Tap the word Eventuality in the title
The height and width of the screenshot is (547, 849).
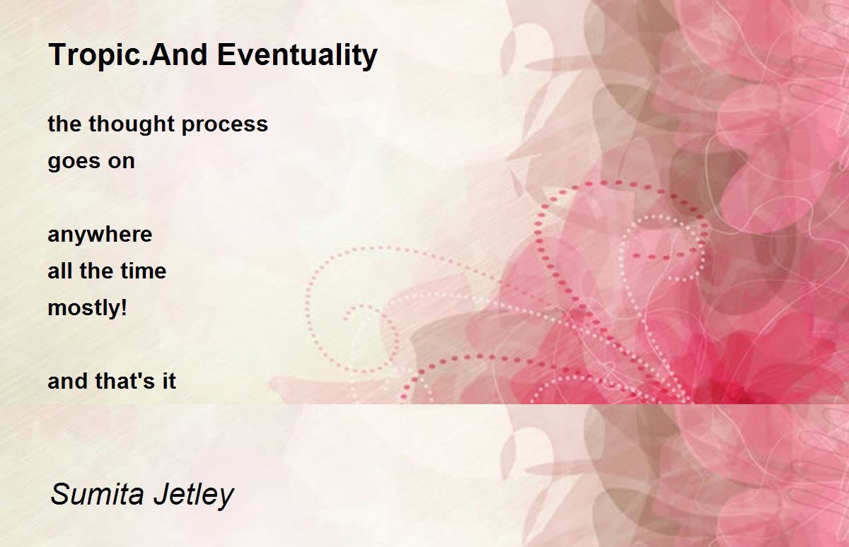click(x=297, y=56)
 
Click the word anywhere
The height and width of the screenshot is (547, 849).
click(x=100, y=235)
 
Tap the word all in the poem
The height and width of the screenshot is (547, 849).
click(x=59, y=271)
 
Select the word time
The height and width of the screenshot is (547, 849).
click(x=144, y=271)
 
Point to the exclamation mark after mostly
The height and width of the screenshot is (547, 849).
click(x=124, y=307)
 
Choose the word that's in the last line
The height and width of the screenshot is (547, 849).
click(x=125, y=380)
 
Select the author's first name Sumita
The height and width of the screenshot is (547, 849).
click(x=97, y=494)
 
